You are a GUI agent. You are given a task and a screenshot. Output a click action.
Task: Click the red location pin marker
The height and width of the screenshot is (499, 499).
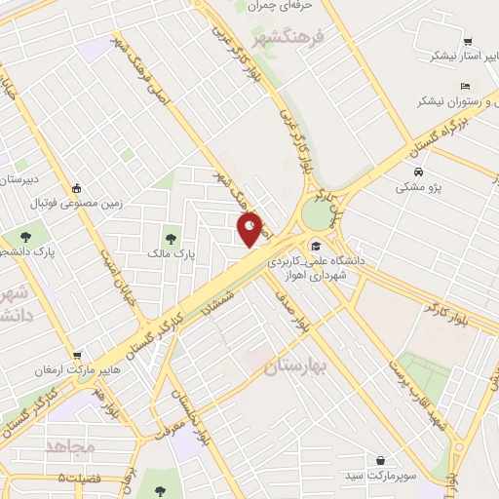click(x=250, y=228)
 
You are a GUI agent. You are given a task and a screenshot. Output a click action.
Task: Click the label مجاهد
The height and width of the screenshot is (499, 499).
click(x=68, y=446)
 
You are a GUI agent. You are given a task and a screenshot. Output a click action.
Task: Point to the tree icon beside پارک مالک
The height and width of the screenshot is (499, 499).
click(x=172, y=236)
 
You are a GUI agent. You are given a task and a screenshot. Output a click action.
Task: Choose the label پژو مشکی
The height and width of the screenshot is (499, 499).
click(x=419, y=187)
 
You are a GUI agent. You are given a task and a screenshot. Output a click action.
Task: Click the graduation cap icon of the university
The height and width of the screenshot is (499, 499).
click(x=316, y=245)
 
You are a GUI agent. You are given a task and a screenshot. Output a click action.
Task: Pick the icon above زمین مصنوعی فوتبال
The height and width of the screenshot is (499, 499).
click(x=77, y=188)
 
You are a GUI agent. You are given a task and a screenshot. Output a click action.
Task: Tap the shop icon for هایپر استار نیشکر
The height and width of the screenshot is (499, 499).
click(x=469, y=42)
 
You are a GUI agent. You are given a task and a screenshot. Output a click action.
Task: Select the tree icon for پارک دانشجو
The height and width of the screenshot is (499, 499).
click(x=26, y=236)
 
